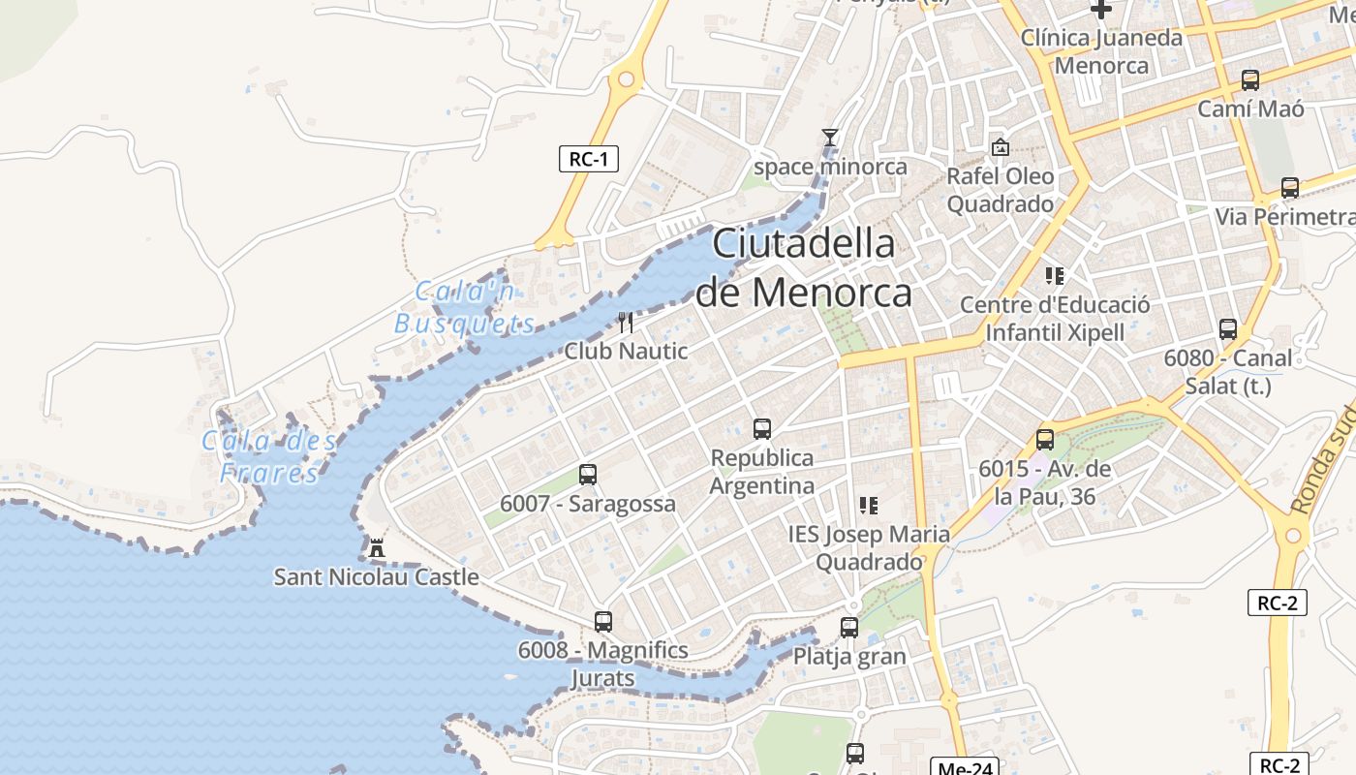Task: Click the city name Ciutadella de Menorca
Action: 804,267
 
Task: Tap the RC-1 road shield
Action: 588,159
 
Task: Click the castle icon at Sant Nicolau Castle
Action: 377,548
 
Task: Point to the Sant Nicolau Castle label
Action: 376,577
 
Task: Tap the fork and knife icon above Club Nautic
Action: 626,323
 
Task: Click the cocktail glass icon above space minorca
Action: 829,138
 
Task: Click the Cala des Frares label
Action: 269,457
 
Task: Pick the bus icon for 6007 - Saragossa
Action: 588,475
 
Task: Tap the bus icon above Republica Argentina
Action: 762,428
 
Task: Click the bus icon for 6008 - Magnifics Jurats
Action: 603,621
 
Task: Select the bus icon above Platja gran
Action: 849,627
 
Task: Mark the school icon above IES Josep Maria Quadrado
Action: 868,505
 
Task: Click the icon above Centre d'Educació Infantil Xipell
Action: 1055,276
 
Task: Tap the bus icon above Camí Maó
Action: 1250,80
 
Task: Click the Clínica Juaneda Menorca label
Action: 1101,51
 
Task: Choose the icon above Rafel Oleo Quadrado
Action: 1001,148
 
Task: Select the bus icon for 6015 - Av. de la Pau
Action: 1045,440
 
